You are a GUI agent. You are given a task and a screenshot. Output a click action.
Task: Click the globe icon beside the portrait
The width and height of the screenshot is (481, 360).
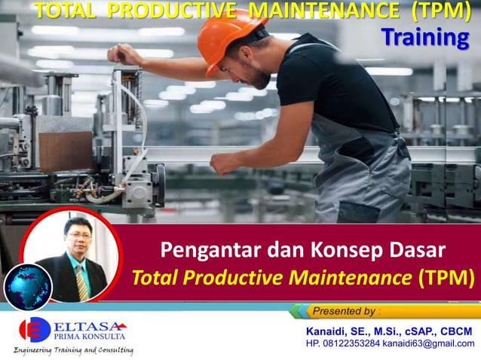click(27, 287)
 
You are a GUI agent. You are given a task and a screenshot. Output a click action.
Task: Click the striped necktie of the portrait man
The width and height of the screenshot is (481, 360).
click(81, 281)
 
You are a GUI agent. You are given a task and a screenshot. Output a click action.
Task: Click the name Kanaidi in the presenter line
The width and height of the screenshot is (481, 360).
click(329, 331)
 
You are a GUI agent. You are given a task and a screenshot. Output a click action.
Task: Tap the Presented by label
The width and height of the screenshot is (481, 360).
click(346, 310)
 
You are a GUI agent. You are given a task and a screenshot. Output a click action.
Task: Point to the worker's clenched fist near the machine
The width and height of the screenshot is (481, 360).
click(224, 162)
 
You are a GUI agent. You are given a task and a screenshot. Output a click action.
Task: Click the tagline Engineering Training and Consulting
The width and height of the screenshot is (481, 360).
click(73, 350)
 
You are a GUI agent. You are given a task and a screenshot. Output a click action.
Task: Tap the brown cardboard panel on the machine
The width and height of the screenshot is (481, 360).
click(66, 151)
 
